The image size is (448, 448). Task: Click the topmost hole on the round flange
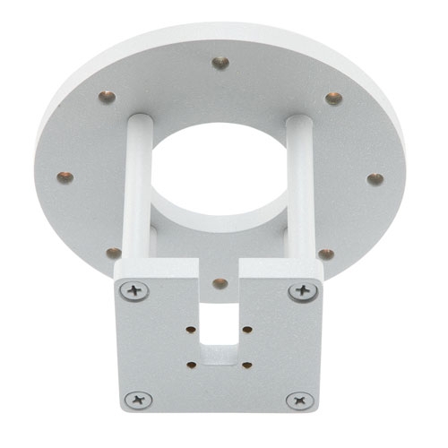[x=220, y=63]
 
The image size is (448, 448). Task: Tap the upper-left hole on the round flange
[x=107, y=97]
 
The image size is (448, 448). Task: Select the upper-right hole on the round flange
[x=333, y=98]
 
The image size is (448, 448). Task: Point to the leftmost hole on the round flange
[x=65, y=177]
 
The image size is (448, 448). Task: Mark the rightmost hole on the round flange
[x=375, y=178]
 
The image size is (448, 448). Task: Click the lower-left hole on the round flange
[x=114, y=254]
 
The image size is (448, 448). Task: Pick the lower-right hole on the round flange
[x=326, y=254]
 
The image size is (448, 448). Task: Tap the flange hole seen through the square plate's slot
[x=220, y=283]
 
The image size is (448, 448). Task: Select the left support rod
[x=134, y=193]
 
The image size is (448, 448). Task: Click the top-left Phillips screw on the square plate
[x=136, y=290]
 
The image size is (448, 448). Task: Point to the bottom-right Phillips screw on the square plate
[x=297, y=401]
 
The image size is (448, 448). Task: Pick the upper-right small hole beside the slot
[x=246, y=330]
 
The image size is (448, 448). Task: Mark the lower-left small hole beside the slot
[x=192, y=364]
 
